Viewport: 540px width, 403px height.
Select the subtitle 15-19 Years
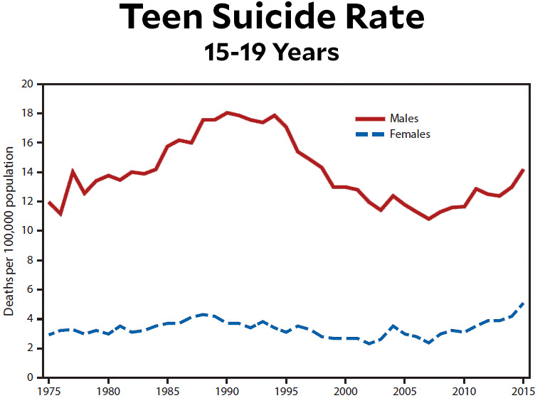tap(270, 52)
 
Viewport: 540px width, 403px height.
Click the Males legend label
tap(404, 117)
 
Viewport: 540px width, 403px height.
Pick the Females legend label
tap(410, 134)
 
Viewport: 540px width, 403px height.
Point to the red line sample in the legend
tap(370, 118)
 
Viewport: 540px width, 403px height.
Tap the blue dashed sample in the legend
tap(370, 134)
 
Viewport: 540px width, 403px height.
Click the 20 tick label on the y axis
tap(28, 84)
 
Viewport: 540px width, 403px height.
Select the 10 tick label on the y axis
tap(28, 231)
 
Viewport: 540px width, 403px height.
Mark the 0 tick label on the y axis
tap(31, 377)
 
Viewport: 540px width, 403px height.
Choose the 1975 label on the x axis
tap(48, 391)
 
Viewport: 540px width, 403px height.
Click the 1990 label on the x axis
tap(227, 391)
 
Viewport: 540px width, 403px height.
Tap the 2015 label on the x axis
tap(523, 391)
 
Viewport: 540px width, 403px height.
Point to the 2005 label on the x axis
tap(405, 391)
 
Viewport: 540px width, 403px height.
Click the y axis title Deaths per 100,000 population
tap(10, 231)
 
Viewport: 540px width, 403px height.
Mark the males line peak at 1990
tap(227, 112)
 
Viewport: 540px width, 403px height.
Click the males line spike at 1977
tap(73, 171)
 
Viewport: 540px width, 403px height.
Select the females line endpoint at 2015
tap(524, 303)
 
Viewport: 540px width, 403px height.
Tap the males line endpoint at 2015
tap(524, 169)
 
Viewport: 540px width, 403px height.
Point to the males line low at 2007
tap(428, 219)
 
